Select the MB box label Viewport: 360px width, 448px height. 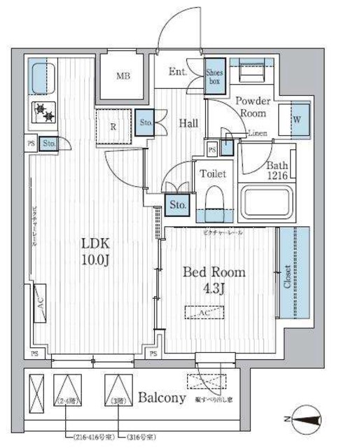(x=123, y=76)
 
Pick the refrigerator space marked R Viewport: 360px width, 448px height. (x=113, y=126)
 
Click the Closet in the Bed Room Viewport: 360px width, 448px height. (x=287, y=275)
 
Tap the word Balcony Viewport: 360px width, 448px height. (x=161, y=399)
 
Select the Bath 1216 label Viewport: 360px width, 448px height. (x=277, y=170)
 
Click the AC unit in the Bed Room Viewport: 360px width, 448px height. (x=205, y=314)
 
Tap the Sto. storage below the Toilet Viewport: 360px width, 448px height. (x=176, y=205)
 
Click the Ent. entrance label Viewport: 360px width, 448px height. (x=178, y=72)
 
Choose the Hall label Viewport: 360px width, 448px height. (x=188, y=124)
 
